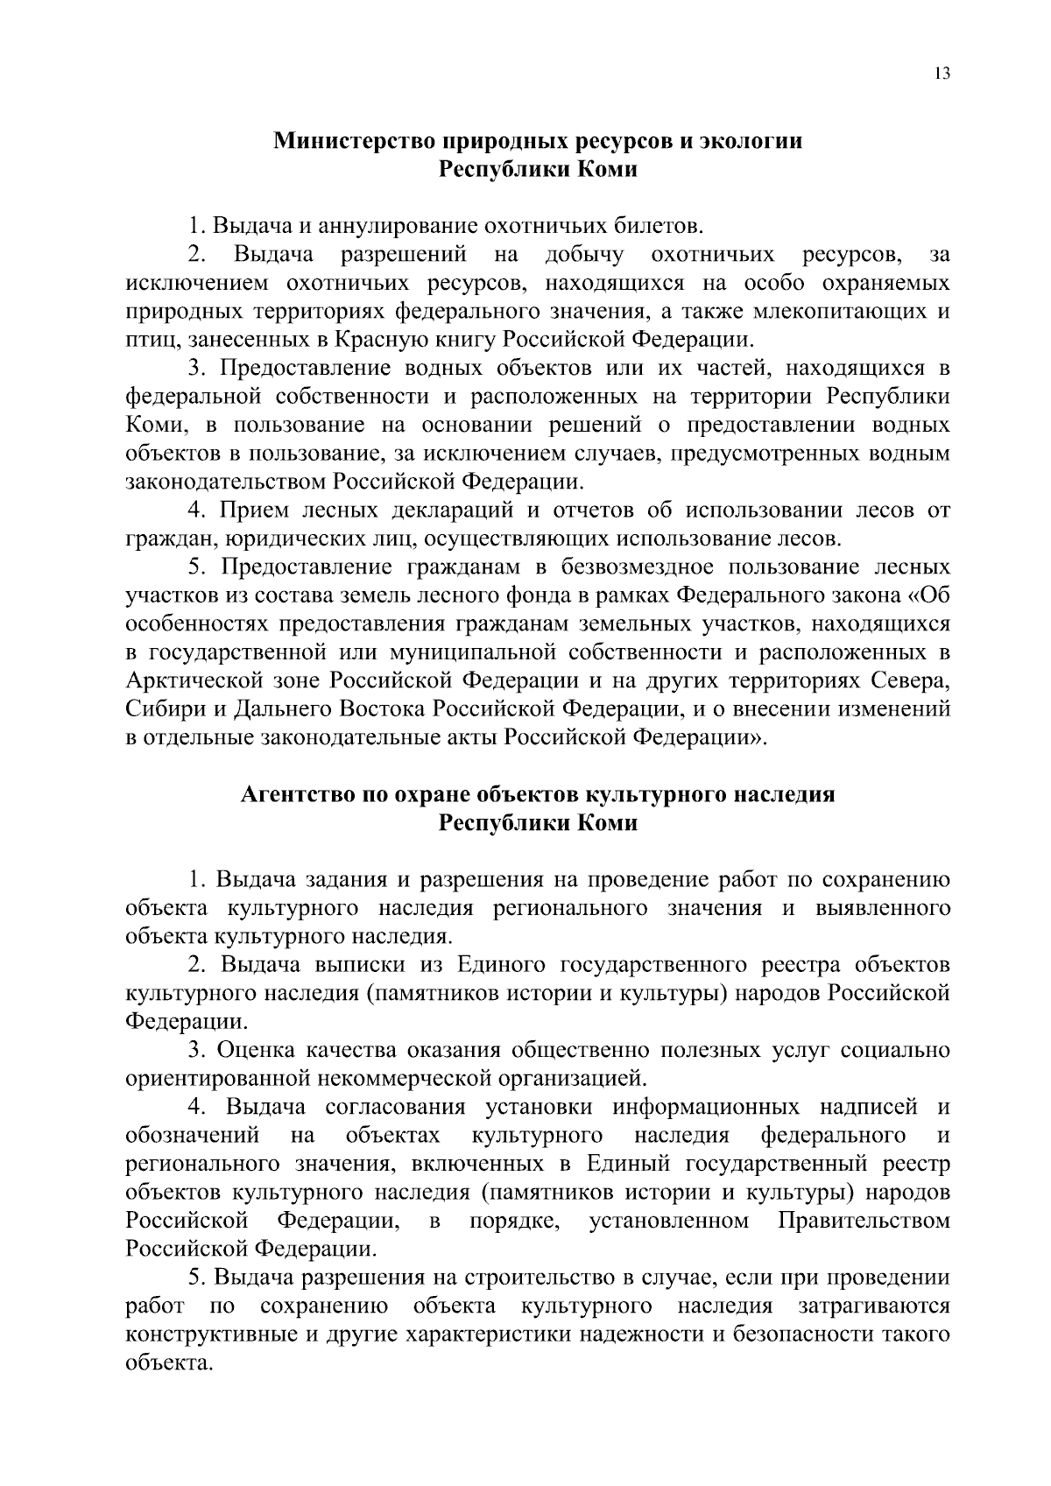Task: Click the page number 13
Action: coord(942,74)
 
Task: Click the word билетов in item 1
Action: coord(657,227)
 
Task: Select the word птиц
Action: coord(149,340)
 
